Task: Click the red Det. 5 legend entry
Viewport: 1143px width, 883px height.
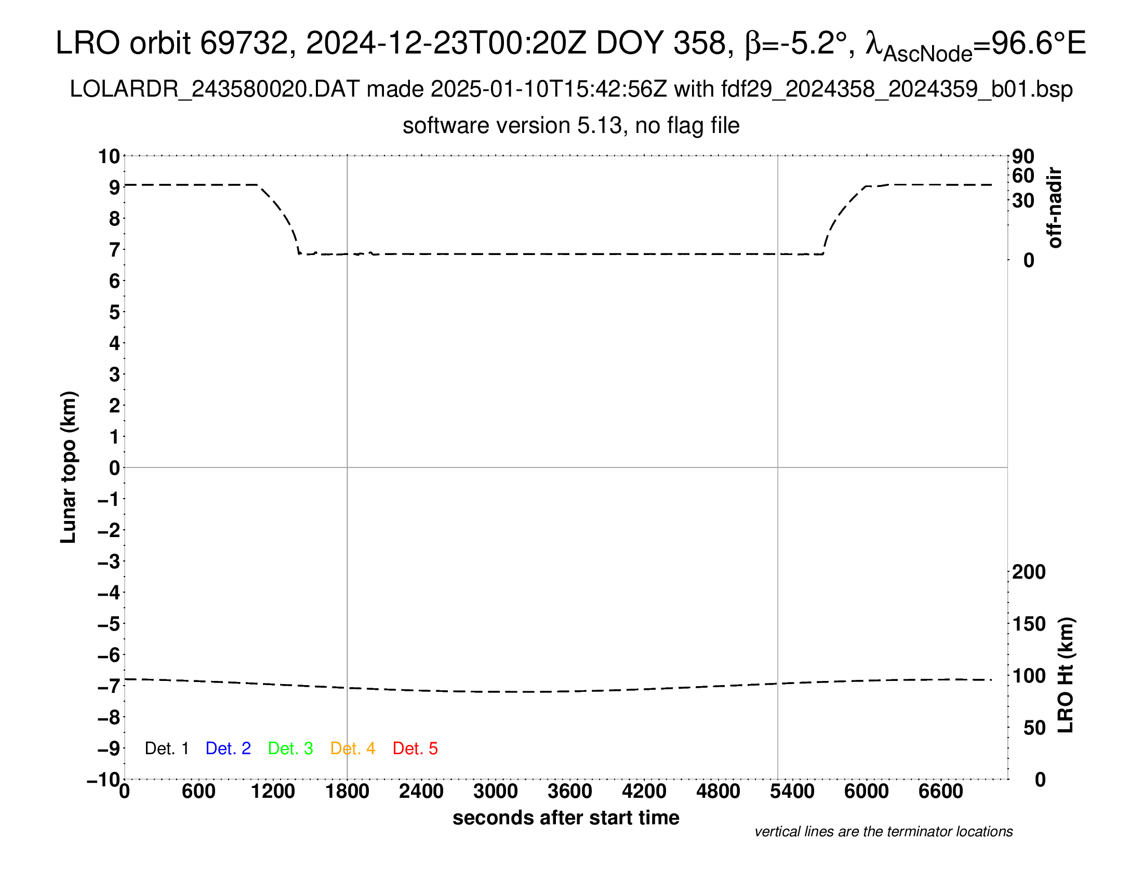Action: pos(415,748)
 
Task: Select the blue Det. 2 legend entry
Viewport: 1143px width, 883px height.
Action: pos(228,748)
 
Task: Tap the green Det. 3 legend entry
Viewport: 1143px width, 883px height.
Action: pos(290,748)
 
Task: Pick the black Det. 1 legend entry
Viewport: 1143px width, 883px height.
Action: pos(166,748)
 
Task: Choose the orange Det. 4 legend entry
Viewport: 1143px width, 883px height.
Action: pos(353,748)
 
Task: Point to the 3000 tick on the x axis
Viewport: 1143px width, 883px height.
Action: pos(495,792)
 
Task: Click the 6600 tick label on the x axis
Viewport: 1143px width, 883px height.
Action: pos(940,792)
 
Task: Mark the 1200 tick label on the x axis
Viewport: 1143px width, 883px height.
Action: pos(273,792)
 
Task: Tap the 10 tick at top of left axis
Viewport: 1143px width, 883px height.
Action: pos(110,156)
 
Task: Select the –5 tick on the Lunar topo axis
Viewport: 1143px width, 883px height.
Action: pos(109,624)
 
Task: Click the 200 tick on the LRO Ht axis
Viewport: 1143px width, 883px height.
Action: pos(1029,572)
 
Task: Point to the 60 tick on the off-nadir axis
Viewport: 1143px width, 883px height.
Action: pos(1023,176)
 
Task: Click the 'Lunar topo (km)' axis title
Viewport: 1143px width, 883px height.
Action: pos(69,467)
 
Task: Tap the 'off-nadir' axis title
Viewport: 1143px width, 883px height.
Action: pos(1055,208)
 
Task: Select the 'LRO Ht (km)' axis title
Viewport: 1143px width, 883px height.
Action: pos(1066,675)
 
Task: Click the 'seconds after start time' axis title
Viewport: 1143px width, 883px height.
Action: pos(566,818)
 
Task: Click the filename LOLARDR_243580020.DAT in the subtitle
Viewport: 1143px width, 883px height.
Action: pos(215,89)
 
